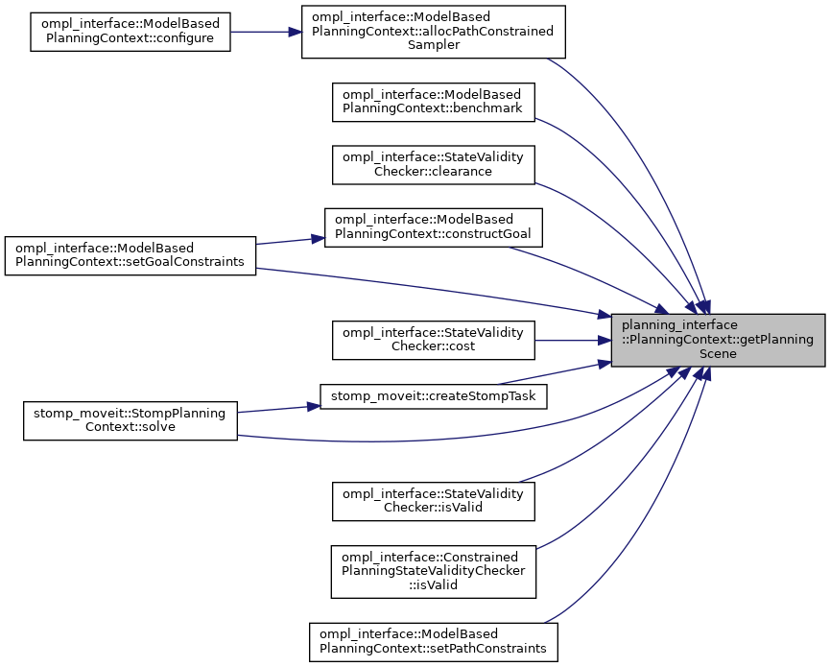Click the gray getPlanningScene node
point(719,340)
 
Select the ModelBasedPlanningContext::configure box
point(130,32)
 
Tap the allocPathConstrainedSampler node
point(434,32)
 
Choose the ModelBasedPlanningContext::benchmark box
point(433,102)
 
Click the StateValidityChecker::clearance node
point(433,164)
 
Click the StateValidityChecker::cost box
point(433,340)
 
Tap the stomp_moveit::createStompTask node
point(433,395)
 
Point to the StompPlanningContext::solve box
point(130,420)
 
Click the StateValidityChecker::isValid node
point(433,500)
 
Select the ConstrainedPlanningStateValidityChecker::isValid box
point(433,570)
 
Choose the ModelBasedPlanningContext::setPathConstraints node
point(433,640)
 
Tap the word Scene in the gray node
point(718,353)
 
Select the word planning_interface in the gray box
point(680,326)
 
